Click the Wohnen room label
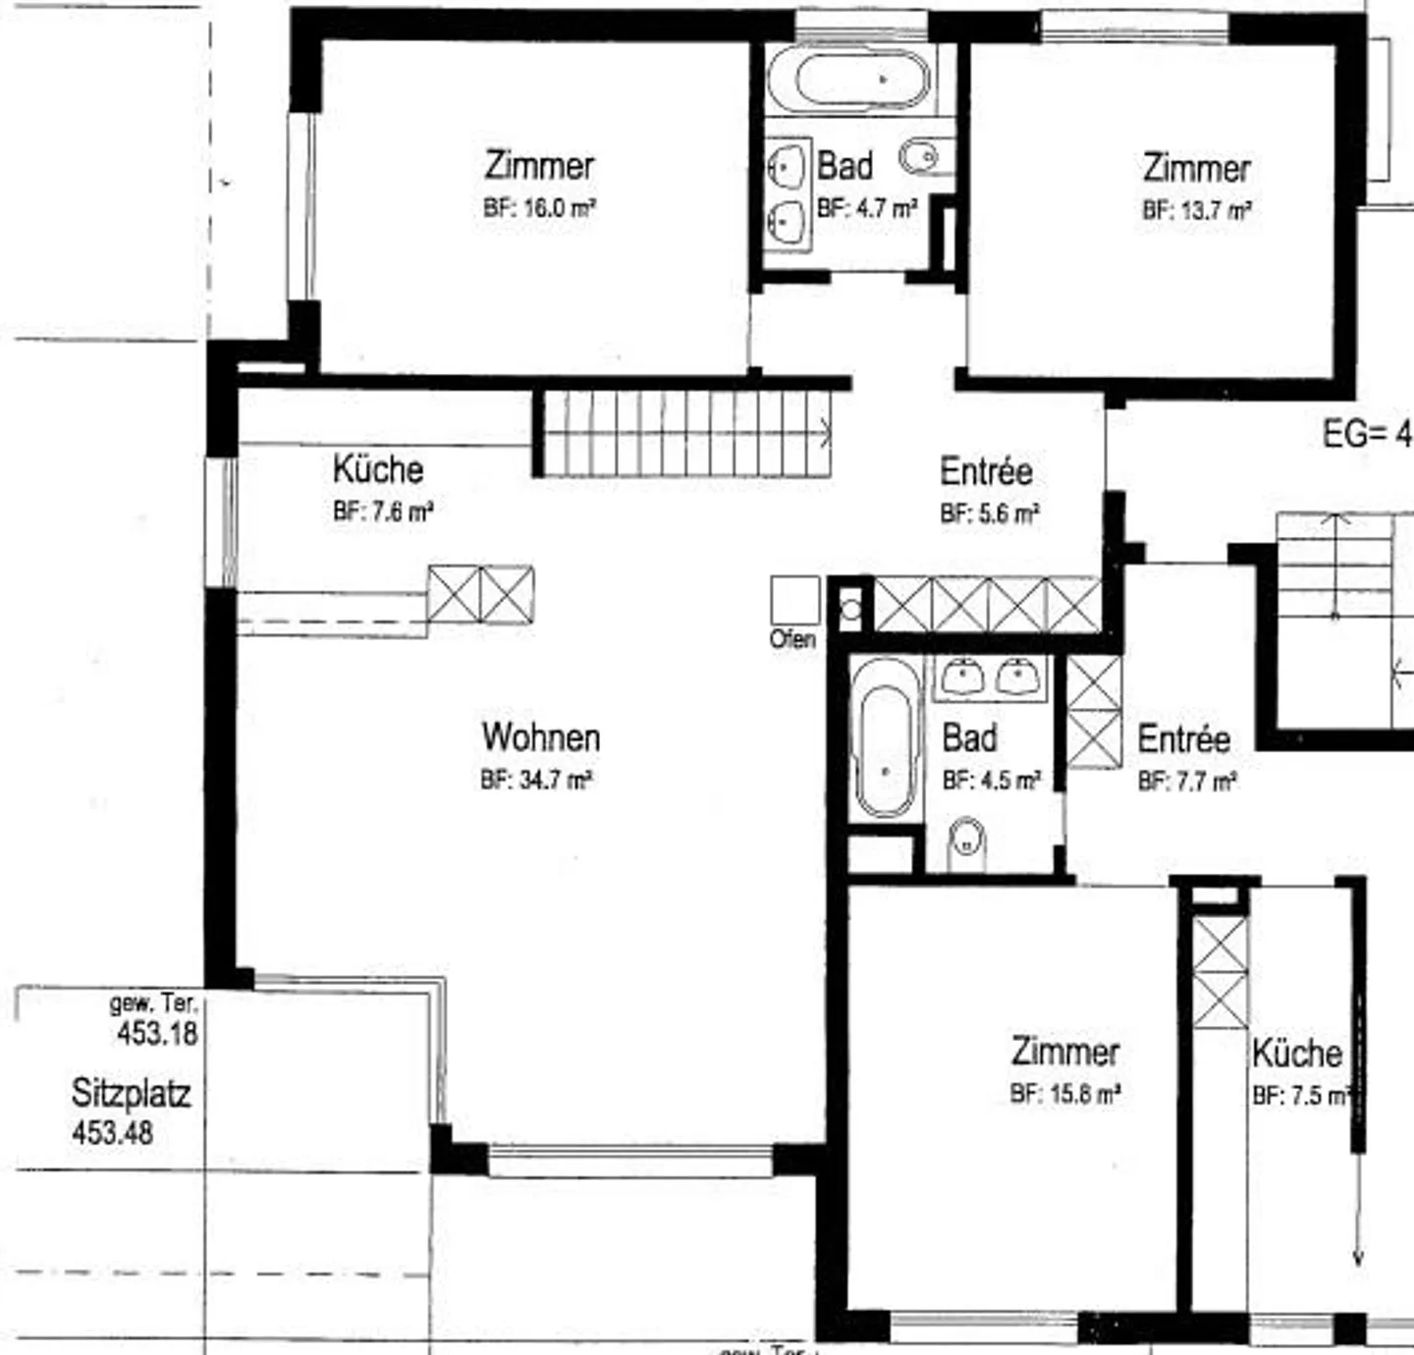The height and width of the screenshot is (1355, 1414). [x=540, y=737]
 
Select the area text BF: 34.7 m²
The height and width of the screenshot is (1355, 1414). [x=535, y=780]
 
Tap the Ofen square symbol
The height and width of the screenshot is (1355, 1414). [x=794, y=600]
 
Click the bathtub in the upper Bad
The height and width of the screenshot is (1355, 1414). [x=848, y=79]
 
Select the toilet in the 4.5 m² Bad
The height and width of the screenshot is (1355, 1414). [x=967, y=841]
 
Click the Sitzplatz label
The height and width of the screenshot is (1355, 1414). [x=131, y=1093]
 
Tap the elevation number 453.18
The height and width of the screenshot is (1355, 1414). [x=157, y=1033]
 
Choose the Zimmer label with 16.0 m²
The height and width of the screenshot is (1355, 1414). [x=539, y=165]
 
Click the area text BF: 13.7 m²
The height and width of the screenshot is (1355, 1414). [x=1196, y=210]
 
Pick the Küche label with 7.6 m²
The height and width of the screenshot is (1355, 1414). [x=378, y=469]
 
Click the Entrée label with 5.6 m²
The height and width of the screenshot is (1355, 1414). [x=986, y=471]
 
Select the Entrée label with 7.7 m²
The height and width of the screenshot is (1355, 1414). [x=1183, y=739]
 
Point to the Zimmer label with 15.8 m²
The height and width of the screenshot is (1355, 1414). [x=1065, y=1052]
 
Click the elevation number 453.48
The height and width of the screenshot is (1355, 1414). [x=113, y=1132]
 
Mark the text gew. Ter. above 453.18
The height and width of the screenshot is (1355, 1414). [x=154, y=1003]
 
